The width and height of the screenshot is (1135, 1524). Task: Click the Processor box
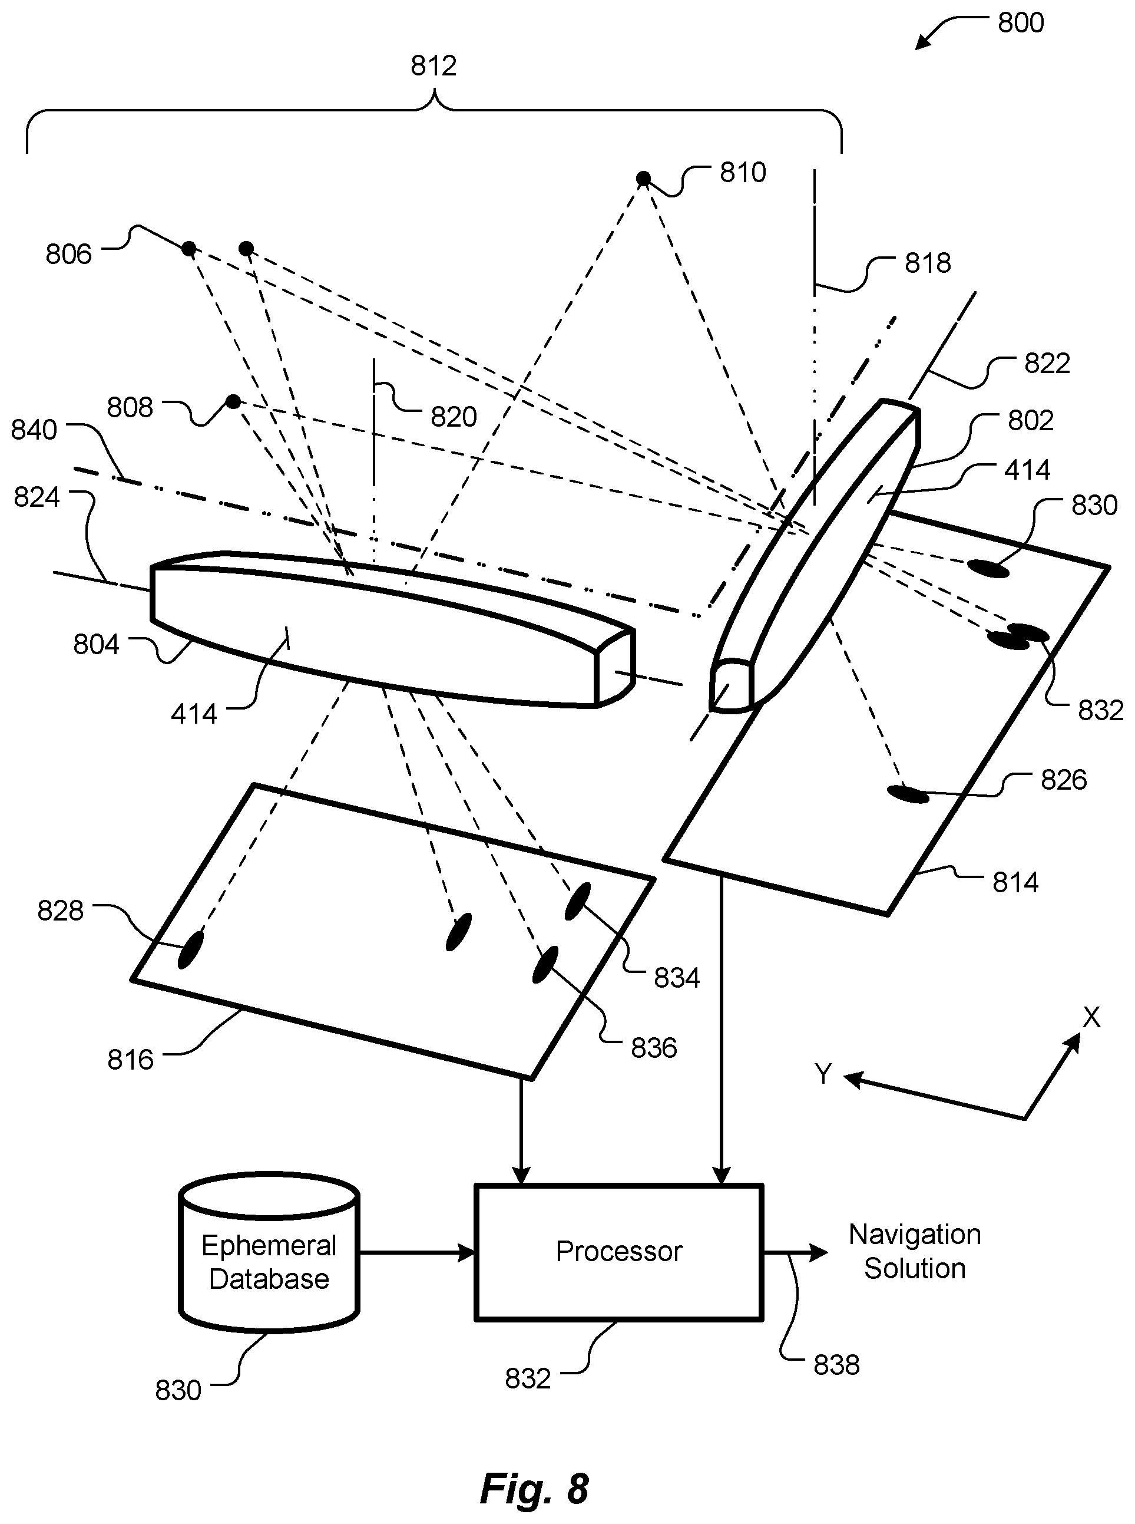[618, 1252]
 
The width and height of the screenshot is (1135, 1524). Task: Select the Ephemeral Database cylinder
[269, 1252]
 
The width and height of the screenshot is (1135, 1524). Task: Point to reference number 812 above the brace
[434, 66]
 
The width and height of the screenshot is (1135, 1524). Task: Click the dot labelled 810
[643, 179]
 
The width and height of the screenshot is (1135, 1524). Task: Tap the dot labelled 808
[234, 401]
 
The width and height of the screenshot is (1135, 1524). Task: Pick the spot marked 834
[577, 901]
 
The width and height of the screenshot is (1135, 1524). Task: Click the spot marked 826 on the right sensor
[908, 794]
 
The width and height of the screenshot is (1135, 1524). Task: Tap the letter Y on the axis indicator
[823, 1073]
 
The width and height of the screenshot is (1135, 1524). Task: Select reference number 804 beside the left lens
[96, 645]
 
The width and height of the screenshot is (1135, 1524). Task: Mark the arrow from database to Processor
[416, 1252]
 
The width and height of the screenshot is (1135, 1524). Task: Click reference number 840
[34, 430]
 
